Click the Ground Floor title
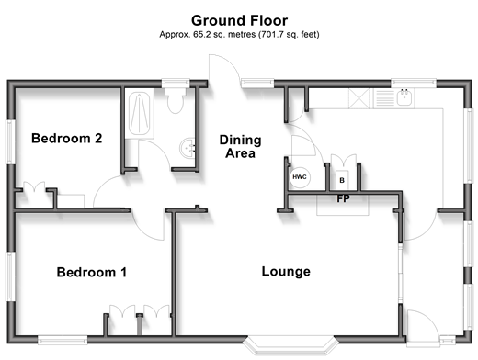point(239,21)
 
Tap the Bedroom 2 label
point(66,139)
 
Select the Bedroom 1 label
point(92,272)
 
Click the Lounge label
point(286,272)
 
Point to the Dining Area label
point(240,146)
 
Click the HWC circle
point(300,177)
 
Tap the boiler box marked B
point(342,180)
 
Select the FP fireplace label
point(343,199)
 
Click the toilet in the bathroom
point(176,100)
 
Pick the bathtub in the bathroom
point(140,114)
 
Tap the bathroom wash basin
point(188,148)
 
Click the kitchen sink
point(404,97)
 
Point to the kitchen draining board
point(384,98)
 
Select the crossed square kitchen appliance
point(359,98)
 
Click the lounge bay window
point(291,345)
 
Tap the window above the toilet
point(176,82)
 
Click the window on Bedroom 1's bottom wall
point(63,340)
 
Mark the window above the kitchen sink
point(414,82)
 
